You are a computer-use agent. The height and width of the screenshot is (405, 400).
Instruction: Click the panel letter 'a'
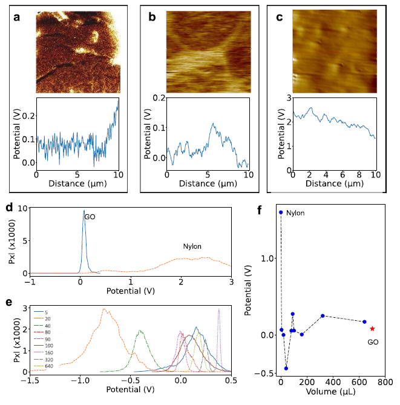(17, 17)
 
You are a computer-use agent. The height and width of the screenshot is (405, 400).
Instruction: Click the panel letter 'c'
(279, 17)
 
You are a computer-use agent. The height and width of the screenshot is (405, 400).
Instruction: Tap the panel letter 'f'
(260, 211)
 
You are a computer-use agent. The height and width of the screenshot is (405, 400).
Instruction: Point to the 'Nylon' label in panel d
(192, 246)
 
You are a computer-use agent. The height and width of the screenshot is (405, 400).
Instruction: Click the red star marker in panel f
(372, 329)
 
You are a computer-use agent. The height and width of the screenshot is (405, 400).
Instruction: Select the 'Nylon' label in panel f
(295, 213)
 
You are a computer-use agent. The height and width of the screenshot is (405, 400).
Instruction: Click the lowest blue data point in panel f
(286, 368)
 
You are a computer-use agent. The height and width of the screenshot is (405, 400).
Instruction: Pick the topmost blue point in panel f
(281, 212)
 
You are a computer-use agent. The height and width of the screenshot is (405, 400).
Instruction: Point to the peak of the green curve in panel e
(140, 331)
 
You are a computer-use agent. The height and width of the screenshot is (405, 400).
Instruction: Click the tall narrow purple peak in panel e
(218, 309)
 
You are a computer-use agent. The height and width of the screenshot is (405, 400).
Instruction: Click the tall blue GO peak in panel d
(84, 211)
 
